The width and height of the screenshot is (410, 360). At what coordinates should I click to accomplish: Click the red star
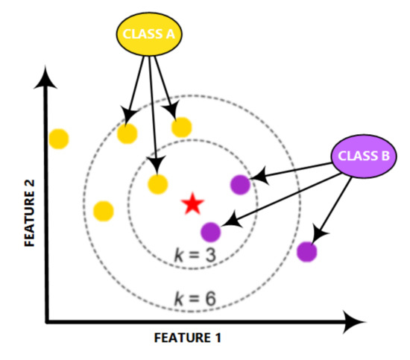pos(193,203)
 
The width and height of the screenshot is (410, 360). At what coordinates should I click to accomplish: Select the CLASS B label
pos(363,157)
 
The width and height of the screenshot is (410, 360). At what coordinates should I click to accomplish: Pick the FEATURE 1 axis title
pos(187,338)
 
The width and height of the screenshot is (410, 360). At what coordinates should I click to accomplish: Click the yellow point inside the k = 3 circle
pos(157,184)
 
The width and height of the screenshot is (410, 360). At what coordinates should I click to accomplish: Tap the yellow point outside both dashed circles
pos(58,139)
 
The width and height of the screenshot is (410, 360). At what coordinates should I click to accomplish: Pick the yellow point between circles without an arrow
pos(104,211)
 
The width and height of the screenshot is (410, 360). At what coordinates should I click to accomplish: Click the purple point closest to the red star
pos(211,232)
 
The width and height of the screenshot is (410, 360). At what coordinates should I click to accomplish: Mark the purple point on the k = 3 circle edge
pos(239,183)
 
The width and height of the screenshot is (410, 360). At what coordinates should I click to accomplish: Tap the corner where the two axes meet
pos(48,322)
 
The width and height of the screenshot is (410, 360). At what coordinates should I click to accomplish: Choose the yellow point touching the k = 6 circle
pos(127,134)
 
